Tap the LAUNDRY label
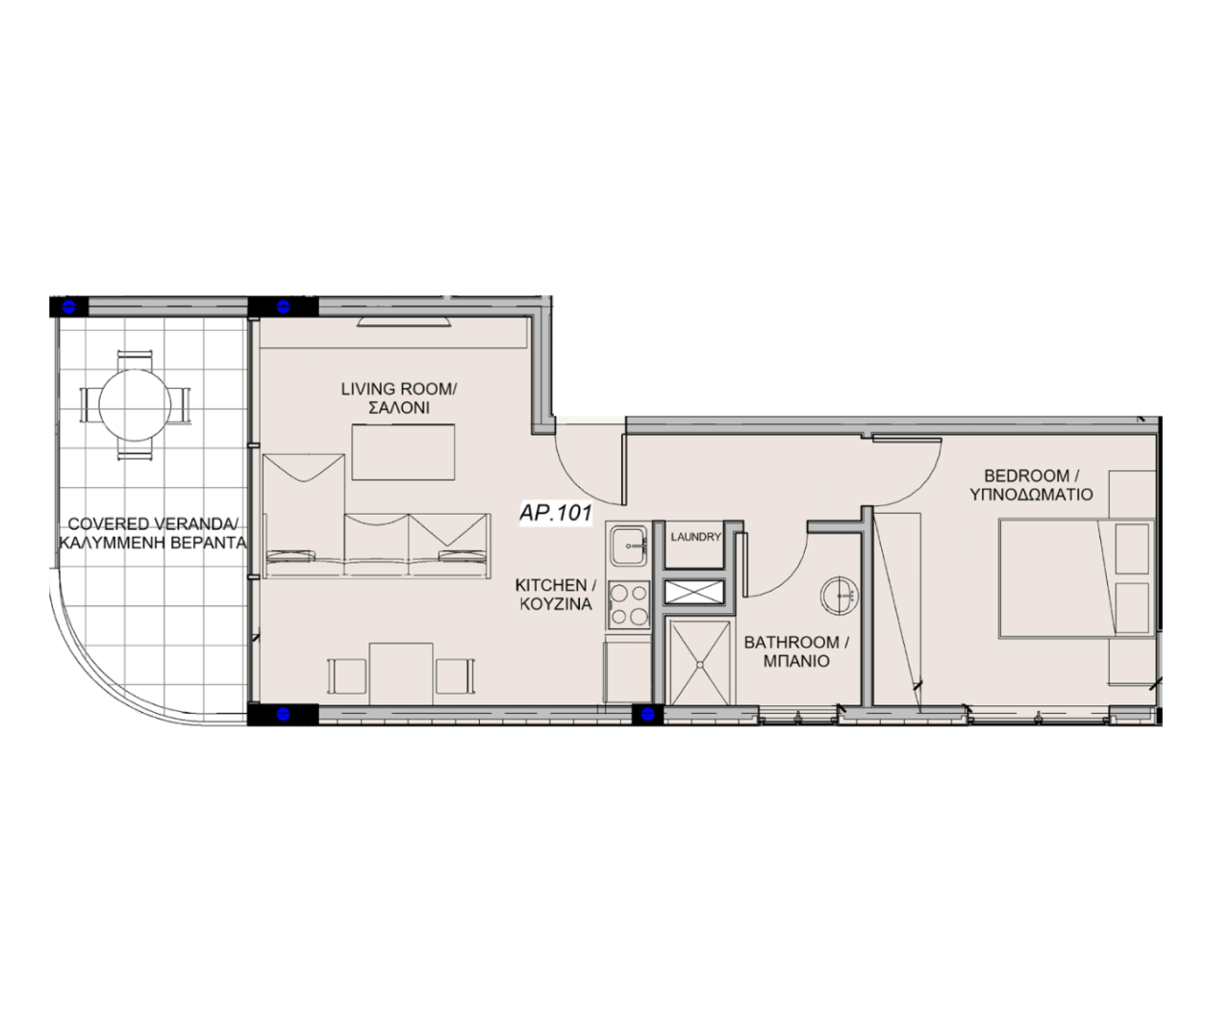click(694, 537)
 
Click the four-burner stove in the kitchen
click(629, 604)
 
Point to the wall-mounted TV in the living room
click(406, 320)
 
